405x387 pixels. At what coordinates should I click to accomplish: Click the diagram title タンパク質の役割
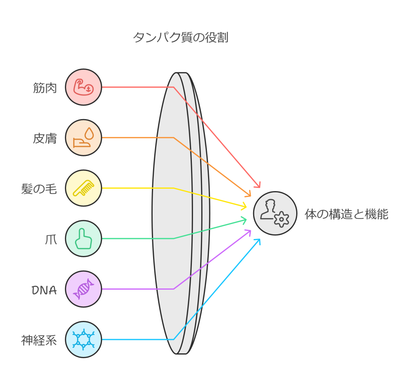[x=180, y=38]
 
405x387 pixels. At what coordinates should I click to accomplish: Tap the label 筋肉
[x=45, y=87]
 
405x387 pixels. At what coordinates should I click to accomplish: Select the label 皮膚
[x=45, y=138]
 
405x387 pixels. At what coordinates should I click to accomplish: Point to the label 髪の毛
[x=39, y=189]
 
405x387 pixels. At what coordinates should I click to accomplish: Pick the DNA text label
[x=44, y=290]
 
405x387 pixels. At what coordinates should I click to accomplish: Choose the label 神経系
[x=39, y=340]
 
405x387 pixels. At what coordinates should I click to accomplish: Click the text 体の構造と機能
[x=346, y=214]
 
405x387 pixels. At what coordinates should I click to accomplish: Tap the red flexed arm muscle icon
[x=83, y=87]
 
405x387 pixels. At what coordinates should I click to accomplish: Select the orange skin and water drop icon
[x=83, y=138]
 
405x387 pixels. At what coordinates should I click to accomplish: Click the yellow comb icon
[x=83, y=188]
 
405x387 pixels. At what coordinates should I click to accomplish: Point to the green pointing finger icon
[x=83, y=239]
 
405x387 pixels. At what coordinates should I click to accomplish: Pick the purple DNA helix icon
[x=83, y=289]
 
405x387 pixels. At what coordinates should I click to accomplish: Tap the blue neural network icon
[x=83, y=340]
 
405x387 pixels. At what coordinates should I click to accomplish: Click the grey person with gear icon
[x=275, y=213]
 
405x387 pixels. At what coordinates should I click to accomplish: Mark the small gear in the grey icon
[x=282, y=219]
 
